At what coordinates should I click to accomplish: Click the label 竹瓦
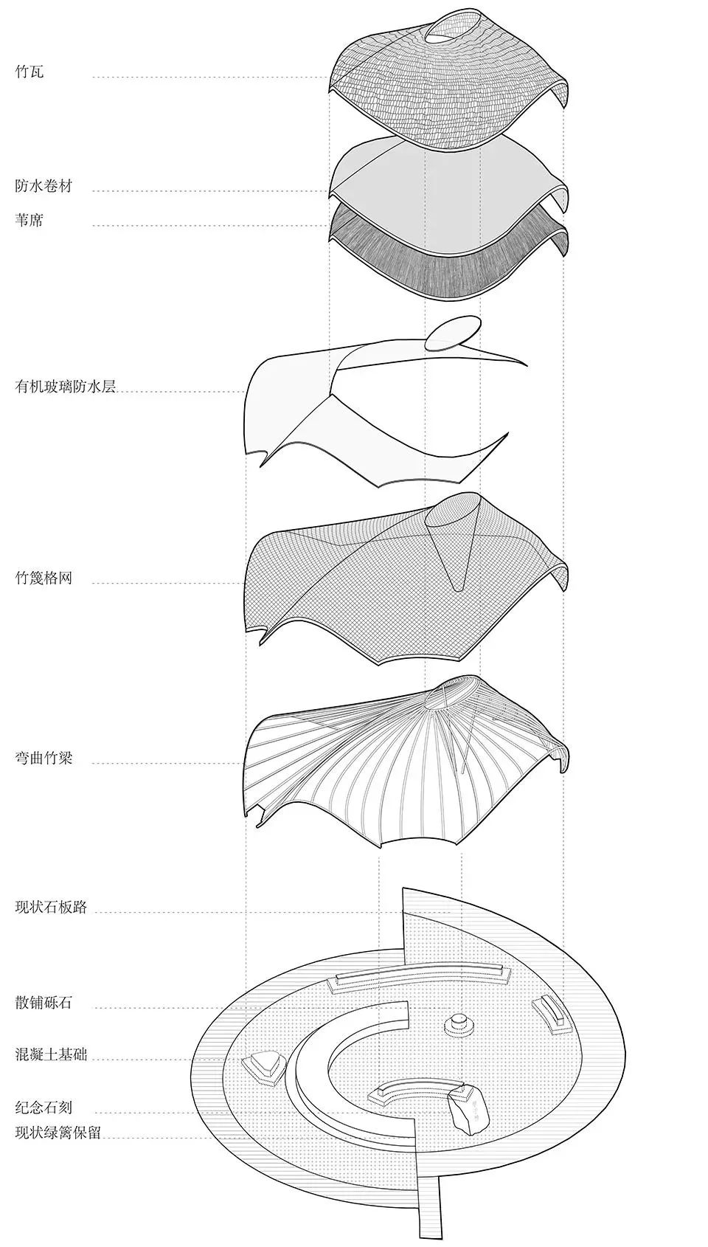click(29, 72)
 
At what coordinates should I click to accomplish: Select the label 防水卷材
click(44, 186)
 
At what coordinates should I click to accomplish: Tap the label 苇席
click(29, 220)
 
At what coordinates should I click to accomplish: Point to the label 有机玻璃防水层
click(65, 387)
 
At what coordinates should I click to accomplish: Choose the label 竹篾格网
click(44, 578)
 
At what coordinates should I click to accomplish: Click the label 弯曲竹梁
click(44, 759)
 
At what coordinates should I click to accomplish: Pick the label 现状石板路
click(51, 907)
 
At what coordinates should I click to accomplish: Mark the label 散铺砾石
click(44, 1004)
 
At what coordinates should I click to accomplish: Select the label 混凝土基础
click(51, 1054)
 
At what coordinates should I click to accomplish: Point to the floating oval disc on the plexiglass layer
click(452, 333)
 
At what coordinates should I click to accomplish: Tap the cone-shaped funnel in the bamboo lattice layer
click(453, 540)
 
